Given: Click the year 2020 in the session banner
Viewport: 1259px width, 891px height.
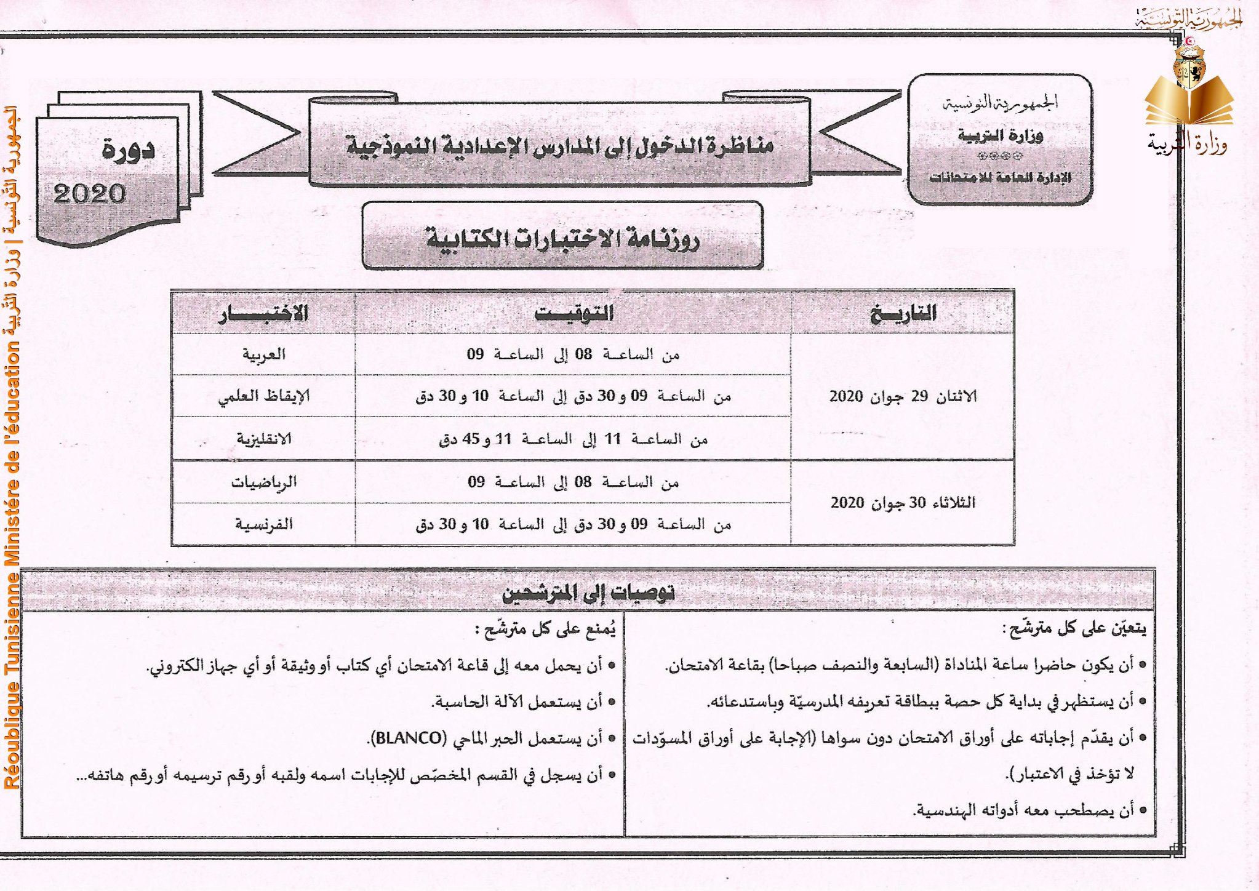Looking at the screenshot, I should [90, 194].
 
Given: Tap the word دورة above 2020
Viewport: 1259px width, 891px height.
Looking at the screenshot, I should [128, 150].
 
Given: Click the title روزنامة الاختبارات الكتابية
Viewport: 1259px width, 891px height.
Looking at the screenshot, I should [562, 238].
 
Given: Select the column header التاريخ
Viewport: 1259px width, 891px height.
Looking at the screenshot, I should [903, 313].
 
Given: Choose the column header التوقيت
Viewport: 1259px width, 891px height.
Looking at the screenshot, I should [574, 313].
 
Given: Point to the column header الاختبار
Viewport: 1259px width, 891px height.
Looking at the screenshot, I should [263, 313].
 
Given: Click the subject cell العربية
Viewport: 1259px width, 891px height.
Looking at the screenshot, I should [263, 354].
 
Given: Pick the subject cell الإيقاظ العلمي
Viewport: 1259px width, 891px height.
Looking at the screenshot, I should [263, 396].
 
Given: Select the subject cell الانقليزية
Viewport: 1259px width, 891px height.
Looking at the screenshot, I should [263, 439].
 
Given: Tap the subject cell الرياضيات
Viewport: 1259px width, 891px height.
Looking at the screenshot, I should [263, 482].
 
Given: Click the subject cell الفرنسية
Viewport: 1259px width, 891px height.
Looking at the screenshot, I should [263, 524].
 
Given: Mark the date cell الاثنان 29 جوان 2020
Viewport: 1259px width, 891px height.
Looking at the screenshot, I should [903, 396].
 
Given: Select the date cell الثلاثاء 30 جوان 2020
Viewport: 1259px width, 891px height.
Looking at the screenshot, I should [903, 503].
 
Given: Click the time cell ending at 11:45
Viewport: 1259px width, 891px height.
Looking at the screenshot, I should [574, 439].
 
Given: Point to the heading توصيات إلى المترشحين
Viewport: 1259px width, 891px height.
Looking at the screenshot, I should [588, 593].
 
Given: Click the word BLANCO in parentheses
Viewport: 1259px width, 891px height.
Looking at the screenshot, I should [409, 738].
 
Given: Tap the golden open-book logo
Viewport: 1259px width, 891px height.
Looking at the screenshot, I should [1189, 102].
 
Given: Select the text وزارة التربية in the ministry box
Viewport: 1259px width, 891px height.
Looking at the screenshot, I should [1000, 135].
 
